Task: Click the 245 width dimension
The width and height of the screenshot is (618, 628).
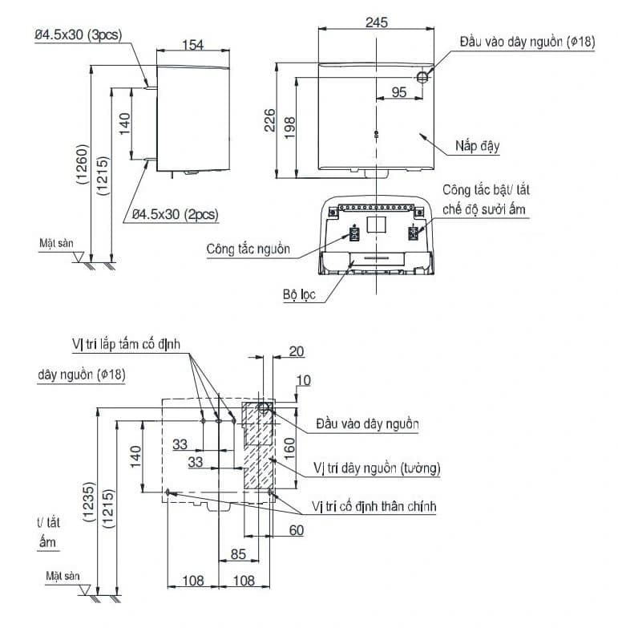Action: pyautogui.click(x=376, y=22)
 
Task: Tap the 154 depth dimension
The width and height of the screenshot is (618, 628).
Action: pyautogui.click(x=193, y=45)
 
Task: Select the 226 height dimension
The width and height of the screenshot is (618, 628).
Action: pyautogui.click(x=270, y=120)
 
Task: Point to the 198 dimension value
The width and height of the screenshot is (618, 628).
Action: pyautogui.click(x=289, y=128)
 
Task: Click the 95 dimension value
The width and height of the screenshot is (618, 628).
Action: pyautogui.click(x=399, y=92)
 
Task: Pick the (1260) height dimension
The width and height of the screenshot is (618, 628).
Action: pyautogui.click(x=82, y=164)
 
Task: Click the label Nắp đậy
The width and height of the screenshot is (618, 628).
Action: pyautogui.click(x=478, y=146)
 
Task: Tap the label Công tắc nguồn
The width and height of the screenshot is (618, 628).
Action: pyautogui.click(x=248, y=249)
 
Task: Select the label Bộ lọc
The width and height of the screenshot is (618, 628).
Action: pyautogui.click(x=299, y=295)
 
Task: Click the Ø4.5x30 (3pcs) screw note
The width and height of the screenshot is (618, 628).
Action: pyautogui.click(x=78, y=34)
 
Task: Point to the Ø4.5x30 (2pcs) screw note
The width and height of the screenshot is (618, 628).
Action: pyautogui.click(x=176, y=215)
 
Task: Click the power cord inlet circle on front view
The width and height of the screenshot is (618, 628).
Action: pyautogui.click(x=422, y=77)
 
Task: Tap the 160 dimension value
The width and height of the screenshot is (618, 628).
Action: pyautogui.click(x=289, y=448)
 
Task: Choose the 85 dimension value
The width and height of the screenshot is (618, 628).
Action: pyautogui.click(x=238, y=554)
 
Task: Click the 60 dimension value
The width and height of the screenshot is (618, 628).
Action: pyautogui.click(x=297, y=530)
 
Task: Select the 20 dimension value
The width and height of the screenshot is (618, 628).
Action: pyautogui.click(x=297, y=351)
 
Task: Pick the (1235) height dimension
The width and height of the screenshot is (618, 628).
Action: pyautogui.click(x=89, y=502)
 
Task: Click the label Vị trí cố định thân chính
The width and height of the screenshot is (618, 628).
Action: pyautogui.click(x=374, y=507)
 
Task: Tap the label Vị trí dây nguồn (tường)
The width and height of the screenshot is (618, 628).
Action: pyautogui.click(x=377, y=468)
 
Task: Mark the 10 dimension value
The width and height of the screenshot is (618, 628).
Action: pyautogui.click(x=304, y=380)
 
